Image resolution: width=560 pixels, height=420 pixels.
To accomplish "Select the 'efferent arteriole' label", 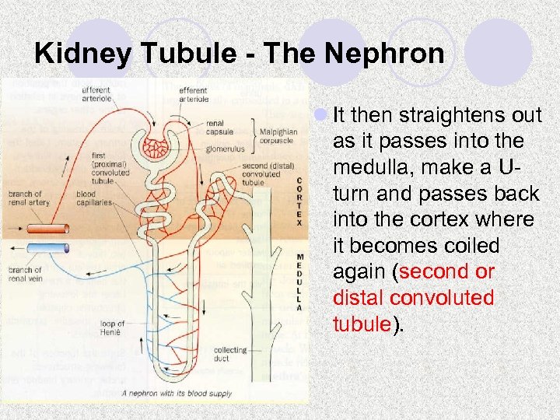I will [x=193, y=95].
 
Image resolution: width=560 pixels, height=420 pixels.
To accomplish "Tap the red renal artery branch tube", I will [x=47, y=229].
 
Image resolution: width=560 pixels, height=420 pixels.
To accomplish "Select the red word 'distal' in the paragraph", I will [x=356, y=298].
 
